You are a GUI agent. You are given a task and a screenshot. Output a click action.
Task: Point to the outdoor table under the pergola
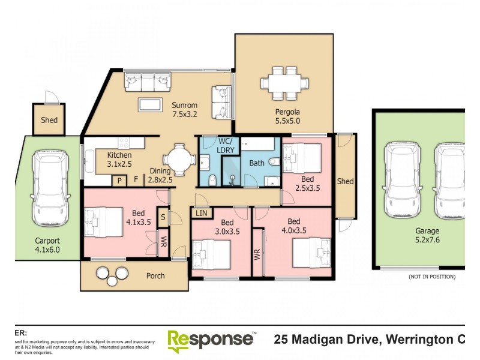pos(286,83)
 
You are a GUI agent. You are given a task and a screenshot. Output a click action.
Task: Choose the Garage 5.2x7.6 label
pos(427,235)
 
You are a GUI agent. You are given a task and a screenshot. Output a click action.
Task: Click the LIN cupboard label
pos(200,213)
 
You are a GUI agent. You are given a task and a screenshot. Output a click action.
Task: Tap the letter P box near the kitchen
pos(119,180)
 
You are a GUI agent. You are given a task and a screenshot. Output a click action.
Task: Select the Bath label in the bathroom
pos(257,163)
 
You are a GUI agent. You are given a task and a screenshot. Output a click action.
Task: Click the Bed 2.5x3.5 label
pos(307,184)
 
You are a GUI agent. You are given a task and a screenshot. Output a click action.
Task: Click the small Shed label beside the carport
pos(49,120)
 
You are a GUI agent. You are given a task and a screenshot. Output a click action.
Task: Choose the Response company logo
pos(211,338)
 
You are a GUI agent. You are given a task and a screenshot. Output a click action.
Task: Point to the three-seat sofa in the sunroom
pos(147,81)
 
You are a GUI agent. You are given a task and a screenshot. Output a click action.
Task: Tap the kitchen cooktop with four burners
pos(124,143)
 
